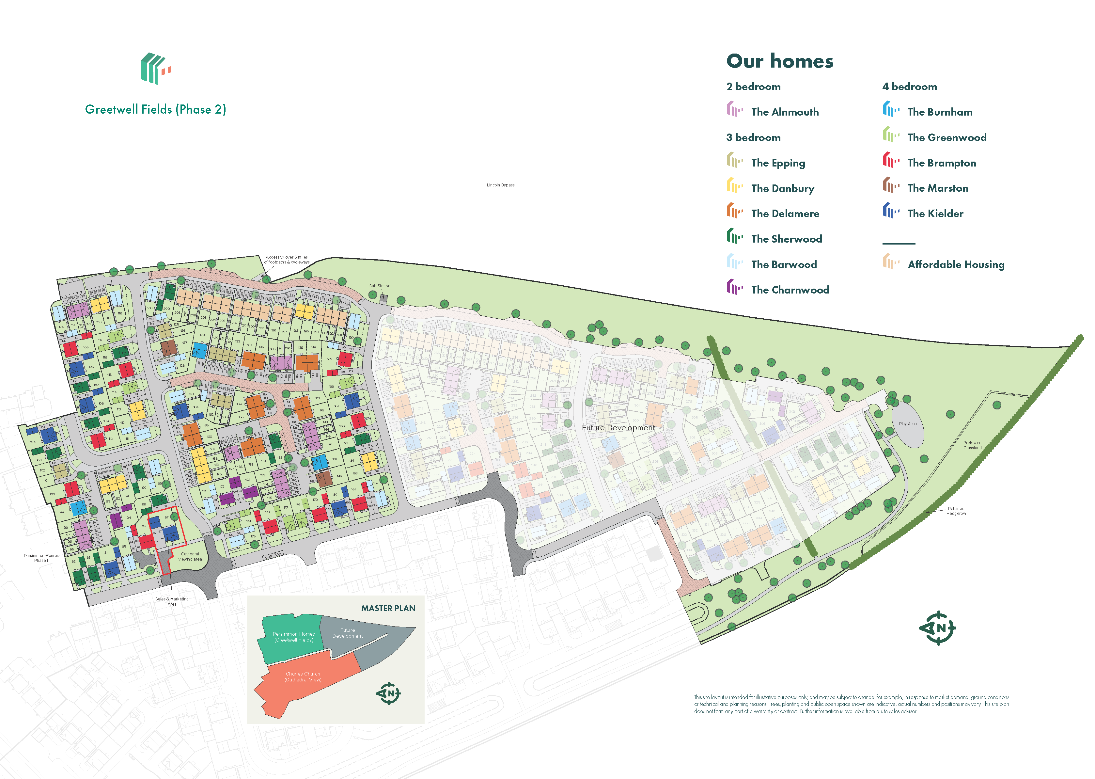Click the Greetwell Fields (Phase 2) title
click(155, 109)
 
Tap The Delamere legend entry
click(785, 214)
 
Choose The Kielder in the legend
click(935, 214)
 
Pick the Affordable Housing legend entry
click(956, 264)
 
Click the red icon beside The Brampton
click(891, 160)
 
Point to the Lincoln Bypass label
click(501, 185)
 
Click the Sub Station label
click(379, 286)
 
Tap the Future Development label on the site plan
click(618, 427)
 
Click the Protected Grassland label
click(972, 445)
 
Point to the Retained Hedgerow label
click(956, 511)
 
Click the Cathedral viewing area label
click(190, 556)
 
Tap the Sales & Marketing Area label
click(172, 601)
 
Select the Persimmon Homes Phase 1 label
click(41, 558)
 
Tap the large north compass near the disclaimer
click(937, 628)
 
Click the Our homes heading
click(779, 61)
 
